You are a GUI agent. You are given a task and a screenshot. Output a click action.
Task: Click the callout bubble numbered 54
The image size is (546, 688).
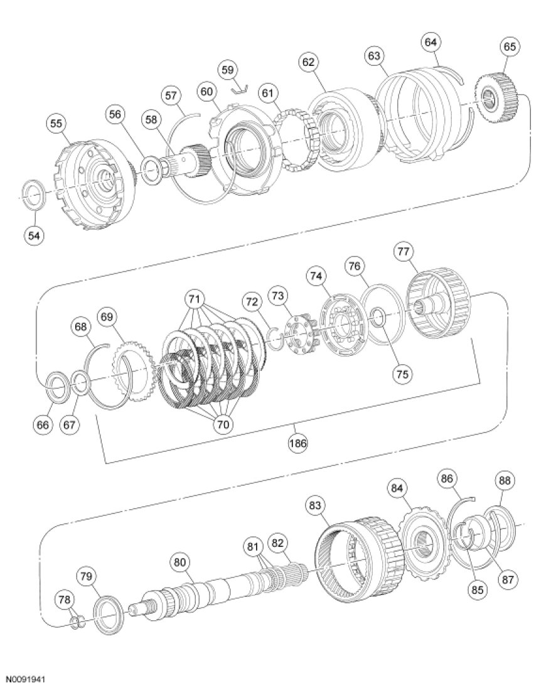[x=34, y=235]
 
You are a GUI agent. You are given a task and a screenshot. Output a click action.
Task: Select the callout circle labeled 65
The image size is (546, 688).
[x=509, y=46]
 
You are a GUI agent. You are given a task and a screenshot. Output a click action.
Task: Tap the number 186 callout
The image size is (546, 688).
[x=297, y=443]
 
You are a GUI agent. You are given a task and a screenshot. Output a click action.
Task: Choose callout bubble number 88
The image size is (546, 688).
[x=505, y=481]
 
